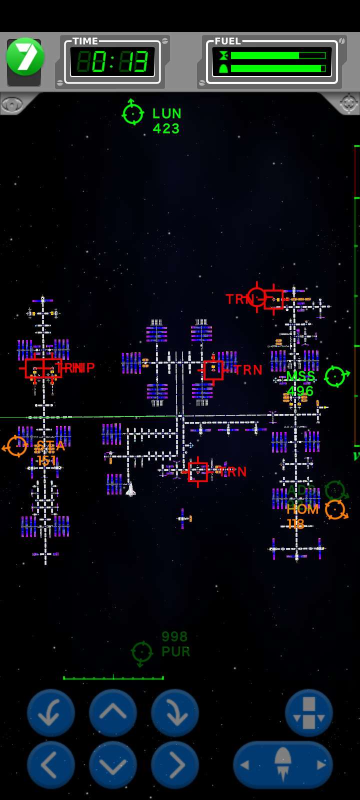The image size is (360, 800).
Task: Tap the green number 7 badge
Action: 25,57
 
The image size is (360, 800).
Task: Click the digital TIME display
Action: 113,62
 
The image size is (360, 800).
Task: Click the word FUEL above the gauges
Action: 228,41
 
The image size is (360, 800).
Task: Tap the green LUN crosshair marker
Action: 133,113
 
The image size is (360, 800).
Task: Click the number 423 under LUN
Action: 166,129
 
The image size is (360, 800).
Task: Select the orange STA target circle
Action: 16,446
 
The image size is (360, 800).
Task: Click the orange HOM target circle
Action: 335,509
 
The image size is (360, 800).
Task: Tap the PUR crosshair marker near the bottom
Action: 141,652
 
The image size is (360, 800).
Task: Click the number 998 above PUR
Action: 174,636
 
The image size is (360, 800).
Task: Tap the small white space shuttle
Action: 130,489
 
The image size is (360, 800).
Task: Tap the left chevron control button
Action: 50,765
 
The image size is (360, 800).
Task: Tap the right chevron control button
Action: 175,765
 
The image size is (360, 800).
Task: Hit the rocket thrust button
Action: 283,765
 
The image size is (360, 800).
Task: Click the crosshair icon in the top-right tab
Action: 348,103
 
